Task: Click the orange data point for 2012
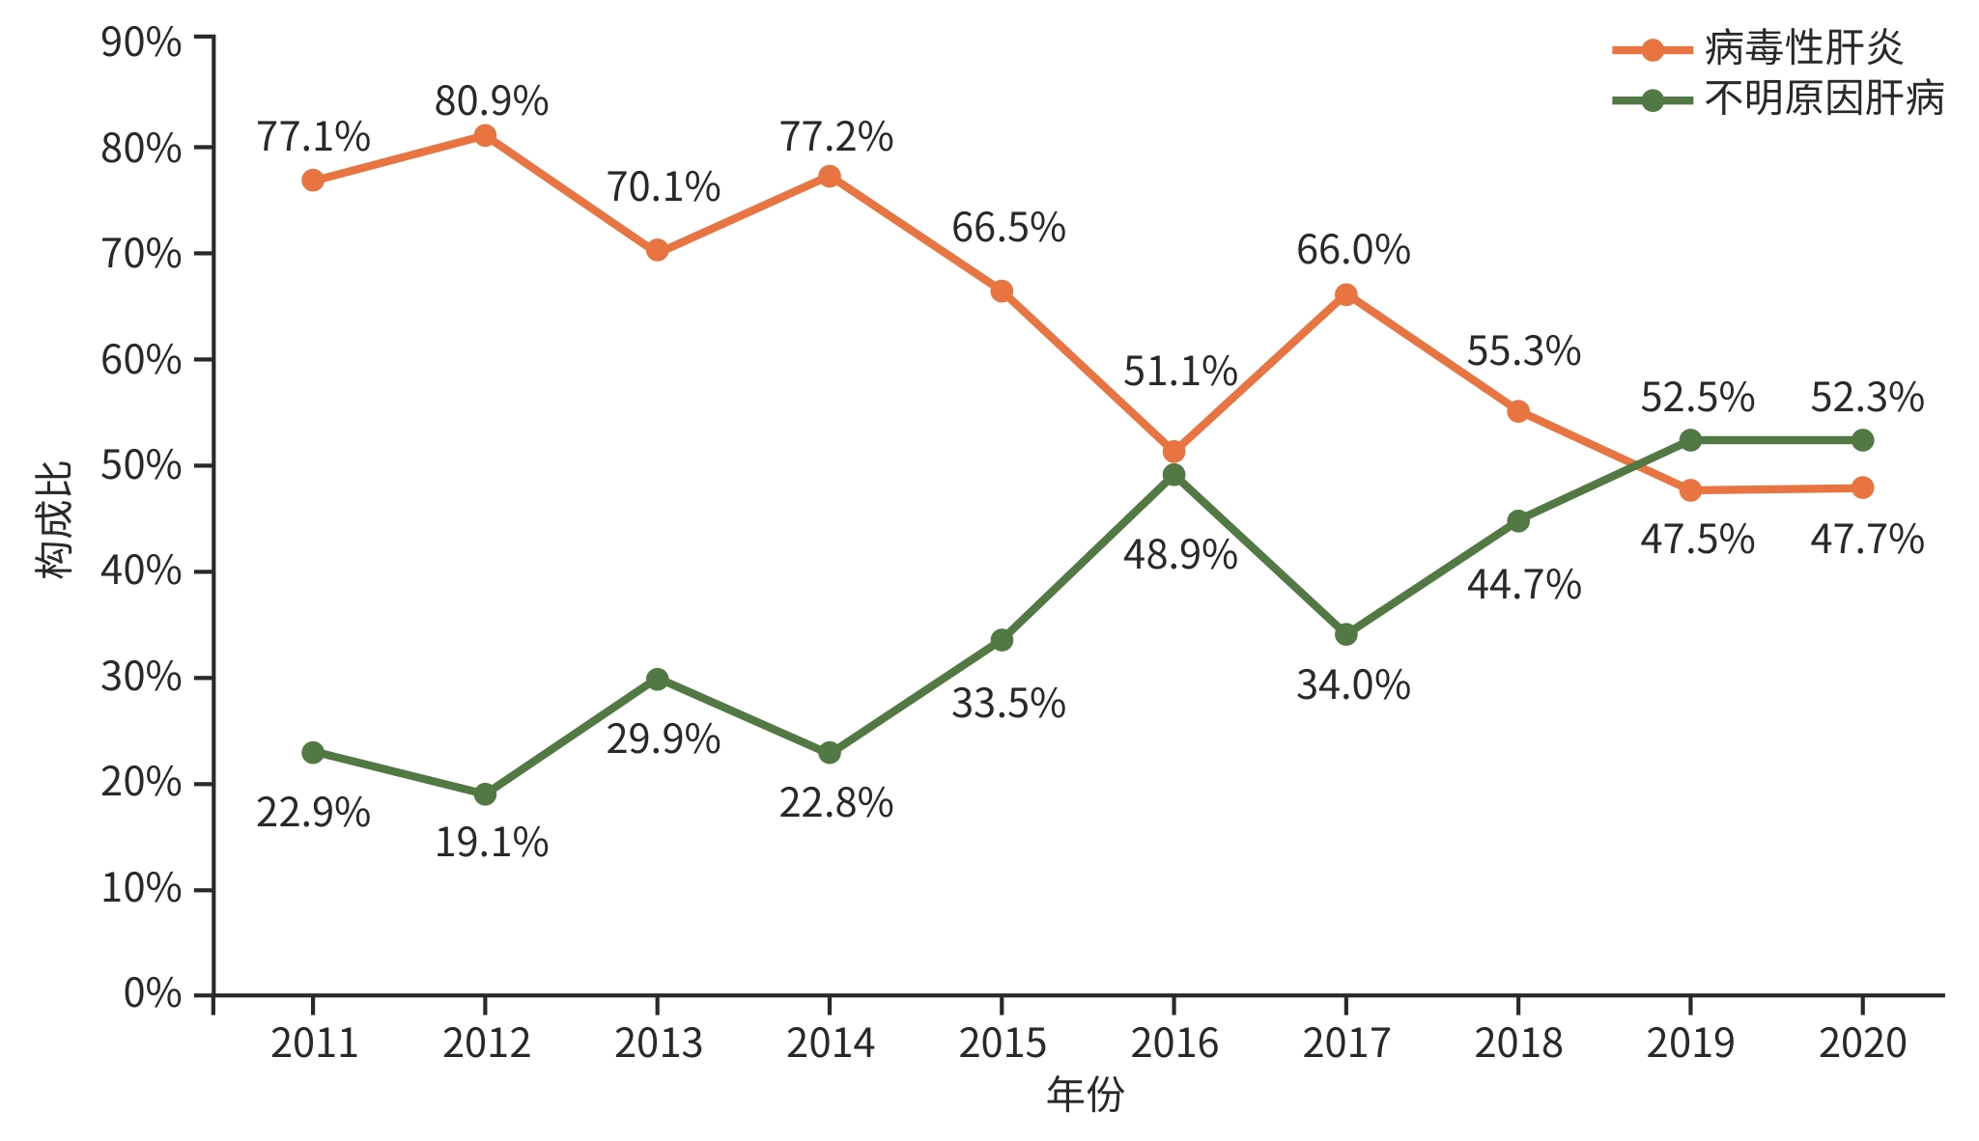pos(485,136)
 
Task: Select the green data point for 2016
pos(1173,475)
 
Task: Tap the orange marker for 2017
pos(1345,294)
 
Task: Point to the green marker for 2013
pos(657,679)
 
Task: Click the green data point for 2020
pos(1862,440)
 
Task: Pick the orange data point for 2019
pos(1690,490)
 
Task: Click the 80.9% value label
pos(491,101)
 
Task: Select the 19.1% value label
pos(491,844)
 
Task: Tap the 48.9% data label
pos(1179,556)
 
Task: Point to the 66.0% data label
pos(1352,251)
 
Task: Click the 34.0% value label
pos(1352,686)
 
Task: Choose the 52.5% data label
pos(1697,398)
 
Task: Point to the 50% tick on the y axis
pos(141,466)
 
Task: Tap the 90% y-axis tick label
pos(141,42)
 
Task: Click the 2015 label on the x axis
pos(1002,1044)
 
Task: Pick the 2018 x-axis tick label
pos(1517,1044)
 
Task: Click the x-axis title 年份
pos(1085,1096)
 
